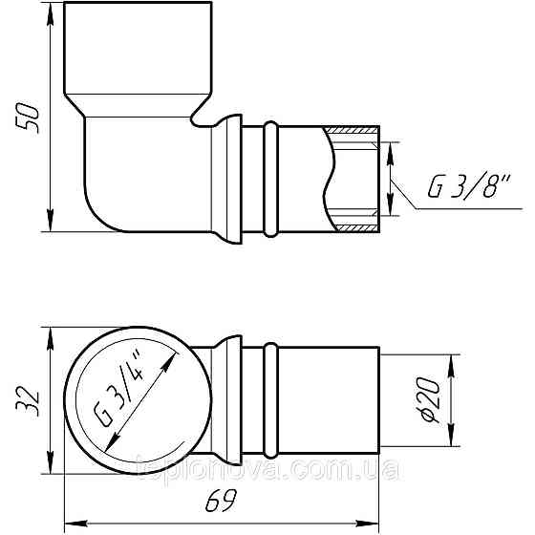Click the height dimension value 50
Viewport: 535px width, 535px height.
click(x=30, y=117)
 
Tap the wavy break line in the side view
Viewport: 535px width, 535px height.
click(x=330, y=180)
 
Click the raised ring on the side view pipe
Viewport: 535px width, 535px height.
click(x=271, y=179)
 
